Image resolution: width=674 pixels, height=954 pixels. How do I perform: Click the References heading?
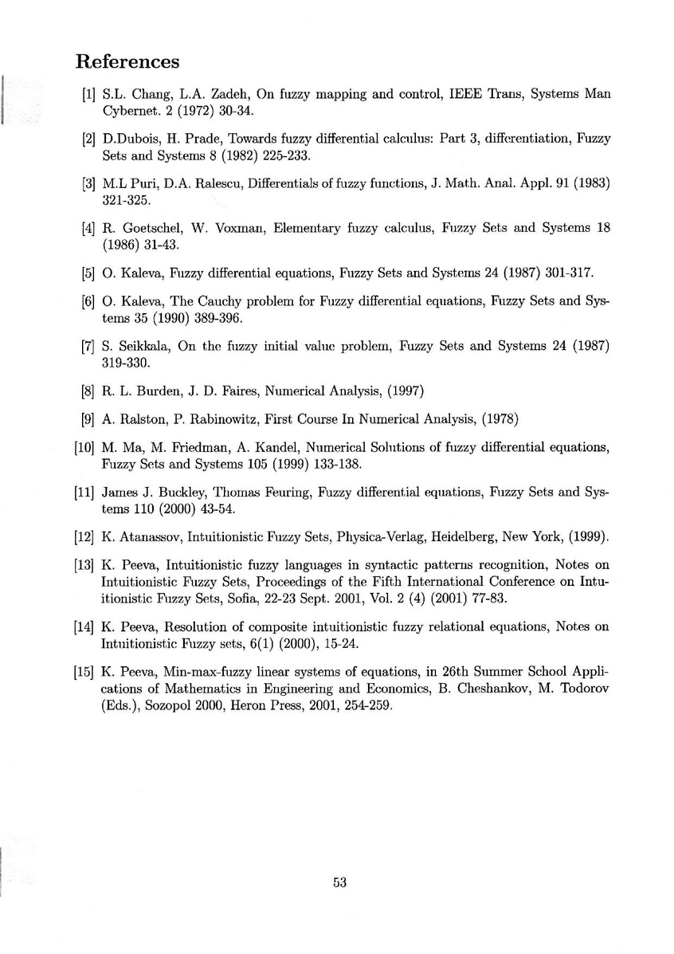click(127, 61)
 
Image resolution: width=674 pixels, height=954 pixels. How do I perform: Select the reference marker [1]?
click(89, 94)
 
